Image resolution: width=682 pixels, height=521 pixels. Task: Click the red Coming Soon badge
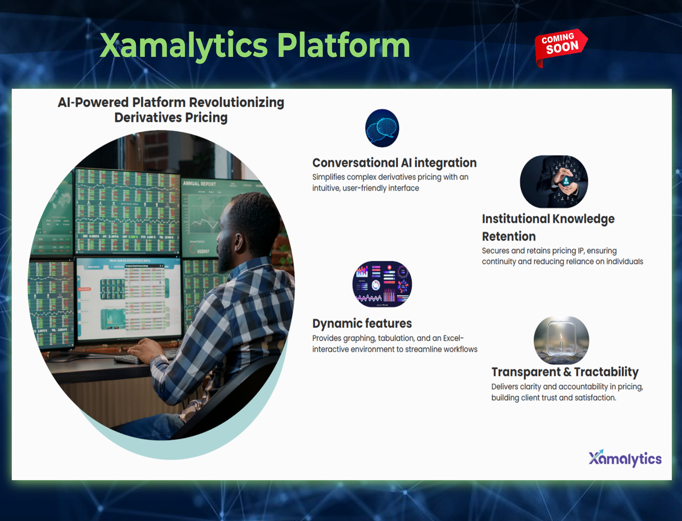tap(560, 47)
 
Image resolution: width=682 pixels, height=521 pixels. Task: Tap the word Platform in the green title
tap(343, 45)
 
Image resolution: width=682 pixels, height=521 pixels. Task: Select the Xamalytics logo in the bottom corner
tap(625, 458)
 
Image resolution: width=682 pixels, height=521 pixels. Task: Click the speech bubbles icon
tap(382, 128)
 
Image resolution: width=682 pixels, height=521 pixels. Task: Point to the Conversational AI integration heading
tap(394, 163)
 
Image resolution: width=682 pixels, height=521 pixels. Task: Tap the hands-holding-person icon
tap(554, 182)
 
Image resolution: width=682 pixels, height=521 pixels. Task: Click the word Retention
tap(509, 237)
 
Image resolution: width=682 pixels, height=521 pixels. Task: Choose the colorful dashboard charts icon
tap(382, 284)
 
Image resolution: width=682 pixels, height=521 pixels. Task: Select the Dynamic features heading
tap(362, 324)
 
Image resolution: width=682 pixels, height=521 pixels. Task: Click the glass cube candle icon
tap(561, 340)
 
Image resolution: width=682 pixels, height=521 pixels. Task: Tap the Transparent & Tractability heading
tap(565, 372)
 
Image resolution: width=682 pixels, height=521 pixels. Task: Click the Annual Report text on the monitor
tap(199, 184)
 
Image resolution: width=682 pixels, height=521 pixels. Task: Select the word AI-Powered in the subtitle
tap(93, 102)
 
